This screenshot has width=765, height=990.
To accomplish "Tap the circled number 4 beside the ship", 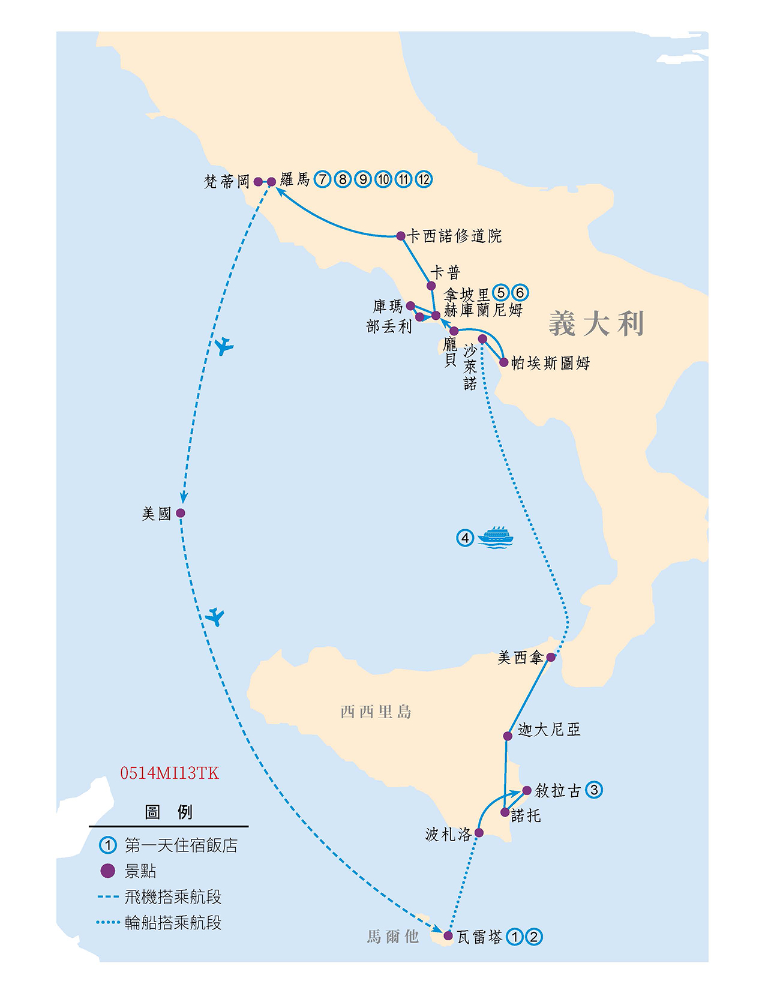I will (465, 538).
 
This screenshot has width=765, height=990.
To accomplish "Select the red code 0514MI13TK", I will (169, 773).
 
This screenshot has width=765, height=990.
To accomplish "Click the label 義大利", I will (596, 324).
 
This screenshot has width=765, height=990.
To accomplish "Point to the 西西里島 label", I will (376, 712).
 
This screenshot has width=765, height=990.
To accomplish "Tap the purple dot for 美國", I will (181, 513).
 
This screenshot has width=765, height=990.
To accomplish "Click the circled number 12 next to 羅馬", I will (424, 179).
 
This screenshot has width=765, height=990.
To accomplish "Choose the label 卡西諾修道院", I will (454, 236).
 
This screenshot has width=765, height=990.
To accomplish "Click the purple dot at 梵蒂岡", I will (258, 181).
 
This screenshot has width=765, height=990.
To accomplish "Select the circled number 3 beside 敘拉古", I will (594, 790).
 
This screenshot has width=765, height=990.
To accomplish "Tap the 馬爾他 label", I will (393, 937).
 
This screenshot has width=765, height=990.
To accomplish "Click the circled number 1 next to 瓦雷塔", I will (514, 937).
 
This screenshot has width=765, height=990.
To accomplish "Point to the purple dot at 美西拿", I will (551, 657).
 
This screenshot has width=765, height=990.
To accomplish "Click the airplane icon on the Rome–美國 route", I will (224, 346).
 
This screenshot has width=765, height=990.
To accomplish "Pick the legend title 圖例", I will (169, 812).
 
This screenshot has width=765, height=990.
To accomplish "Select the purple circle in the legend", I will (107, 871).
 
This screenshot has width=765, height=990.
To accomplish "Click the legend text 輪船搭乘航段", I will (173, 922).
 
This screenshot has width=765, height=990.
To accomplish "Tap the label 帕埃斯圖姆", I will (550, 363).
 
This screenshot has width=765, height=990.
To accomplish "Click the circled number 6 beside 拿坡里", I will (520, 292).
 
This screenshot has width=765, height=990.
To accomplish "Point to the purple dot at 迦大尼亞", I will (508, 736).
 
